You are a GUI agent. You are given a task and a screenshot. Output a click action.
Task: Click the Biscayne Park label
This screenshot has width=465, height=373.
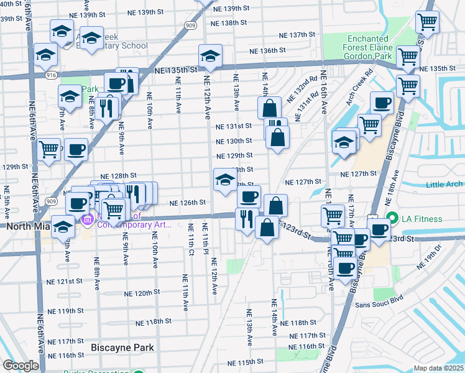pyautogui.click(x=122, y=348)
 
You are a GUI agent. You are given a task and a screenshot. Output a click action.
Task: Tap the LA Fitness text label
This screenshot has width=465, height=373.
pyautogui.click(x=421, y=219)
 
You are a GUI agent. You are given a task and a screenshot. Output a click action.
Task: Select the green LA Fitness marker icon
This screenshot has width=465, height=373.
pyautogui.click(x=392, y=219)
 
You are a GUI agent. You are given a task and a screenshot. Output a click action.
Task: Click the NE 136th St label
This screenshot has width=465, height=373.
pyautogui.click(x=267, y=50)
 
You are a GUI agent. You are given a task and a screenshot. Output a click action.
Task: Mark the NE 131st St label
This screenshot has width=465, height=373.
pyautogui.click(x=234, y=126)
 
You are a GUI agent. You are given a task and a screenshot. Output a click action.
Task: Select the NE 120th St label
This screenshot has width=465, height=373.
pyautogui.click(x=142, y=292)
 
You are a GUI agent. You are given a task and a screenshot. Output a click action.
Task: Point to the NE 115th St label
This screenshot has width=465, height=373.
pyautogui.click(x=246, y=362)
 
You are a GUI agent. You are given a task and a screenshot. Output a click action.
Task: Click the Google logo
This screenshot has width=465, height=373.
pyautogui.click(x=21, y=366)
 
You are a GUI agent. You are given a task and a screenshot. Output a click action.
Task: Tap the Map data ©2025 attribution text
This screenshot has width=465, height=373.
pyautogui.click(x=439, y=368)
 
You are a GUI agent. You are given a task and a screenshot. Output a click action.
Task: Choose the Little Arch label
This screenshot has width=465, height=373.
pyautogui.click(x=444, y=184)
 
